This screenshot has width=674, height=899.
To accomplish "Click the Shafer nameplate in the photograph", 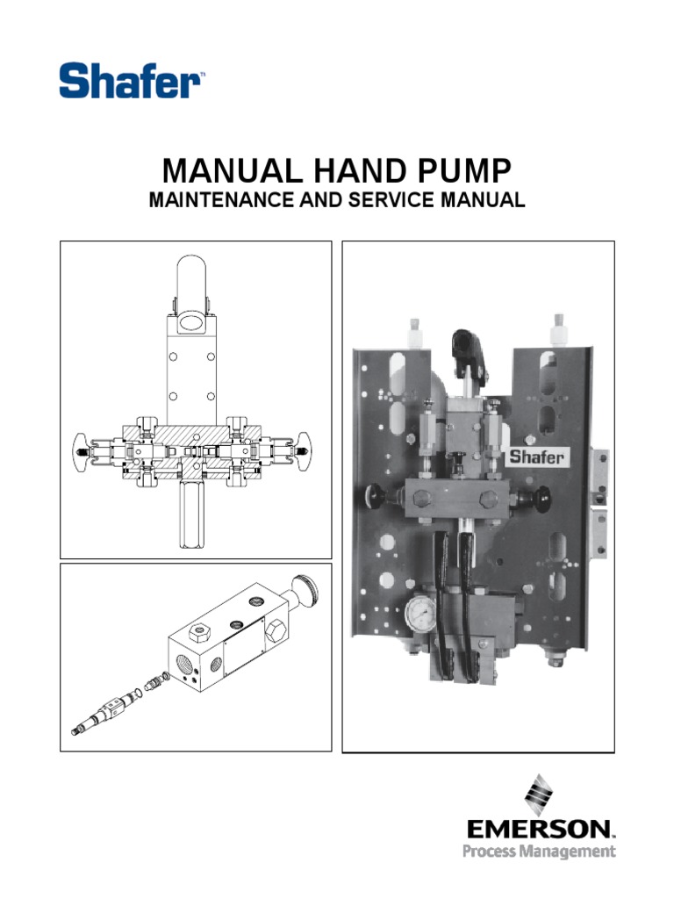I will click(537, 457).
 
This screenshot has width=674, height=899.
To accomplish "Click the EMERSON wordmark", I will click(540, 830).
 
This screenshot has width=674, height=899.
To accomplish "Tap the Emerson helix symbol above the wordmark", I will click(538, 794).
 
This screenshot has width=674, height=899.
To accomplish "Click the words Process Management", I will click(539, 852).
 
